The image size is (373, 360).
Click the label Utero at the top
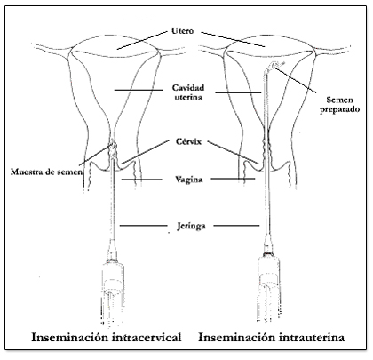182,31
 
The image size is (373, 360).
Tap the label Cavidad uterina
188,92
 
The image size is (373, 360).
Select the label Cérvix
188,141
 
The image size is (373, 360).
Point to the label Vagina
188,180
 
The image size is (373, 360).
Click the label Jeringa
191,226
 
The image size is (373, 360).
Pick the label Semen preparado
339,104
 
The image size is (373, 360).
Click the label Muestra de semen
47,172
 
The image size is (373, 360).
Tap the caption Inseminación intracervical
107,337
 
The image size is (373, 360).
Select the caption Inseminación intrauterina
272,337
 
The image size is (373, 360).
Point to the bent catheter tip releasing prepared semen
274,66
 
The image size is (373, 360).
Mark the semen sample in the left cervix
113,149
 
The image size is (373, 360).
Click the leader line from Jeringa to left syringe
143,226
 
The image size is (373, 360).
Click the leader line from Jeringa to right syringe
236,226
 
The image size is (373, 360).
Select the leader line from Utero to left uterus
142,40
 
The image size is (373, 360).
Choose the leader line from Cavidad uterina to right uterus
238,92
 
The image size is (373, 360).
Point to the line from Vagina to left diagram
141,180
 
